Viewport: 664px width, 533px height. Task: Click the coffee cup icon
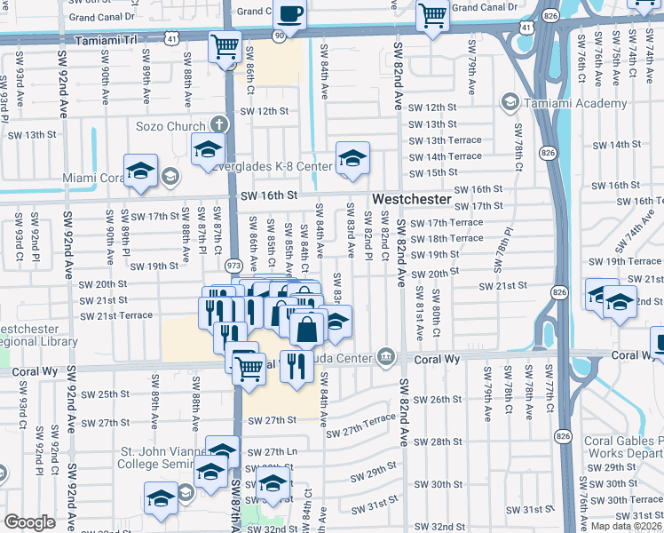pyautogui.click(x=290, y=14)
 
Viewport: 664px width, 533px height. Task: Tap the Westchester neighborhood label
pyautogui.click(x=411, y=200)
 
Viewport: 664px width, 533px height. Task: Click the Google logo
pyautogui.click(x=29, y=522)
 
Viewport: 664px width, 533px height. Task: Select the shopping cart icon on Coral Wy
pyautogui.click(x=249, y=367)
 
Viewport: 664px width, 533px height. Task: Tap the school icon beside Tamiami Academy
pyautogui.click(x=510, y=103)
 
